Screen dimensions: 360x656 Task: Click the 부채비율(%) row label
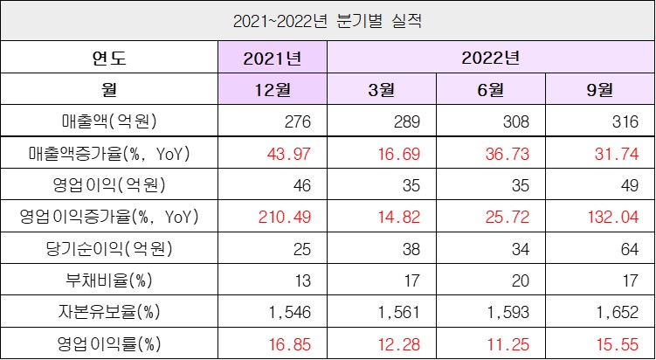click(x=109, y=280)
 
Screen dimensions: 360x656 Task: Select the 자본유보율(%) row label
click(x=109, y=311)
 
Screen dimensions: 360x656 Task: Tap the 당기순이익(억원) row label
click(x=109, y=247)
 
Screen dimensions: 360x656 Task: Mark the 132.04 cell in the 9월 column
click(x=615, y=216)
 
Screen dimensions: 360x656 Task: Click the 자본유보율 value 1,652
click(x=617, y=311)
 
